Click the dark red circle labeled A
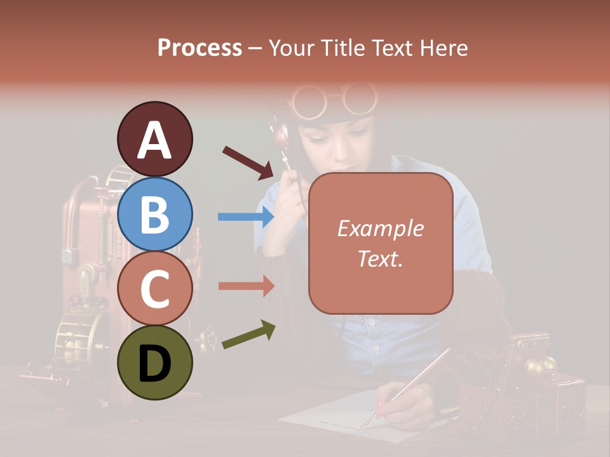coord(154,139)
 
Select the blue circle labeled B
coord(154,215)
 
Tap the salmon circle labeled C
coord(154,288)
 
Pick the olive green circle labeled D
coord(154,362)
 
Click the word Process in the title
coord(200,48)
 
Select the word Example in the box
coord(380,228)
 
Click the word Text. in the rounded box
coord(380,258)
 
